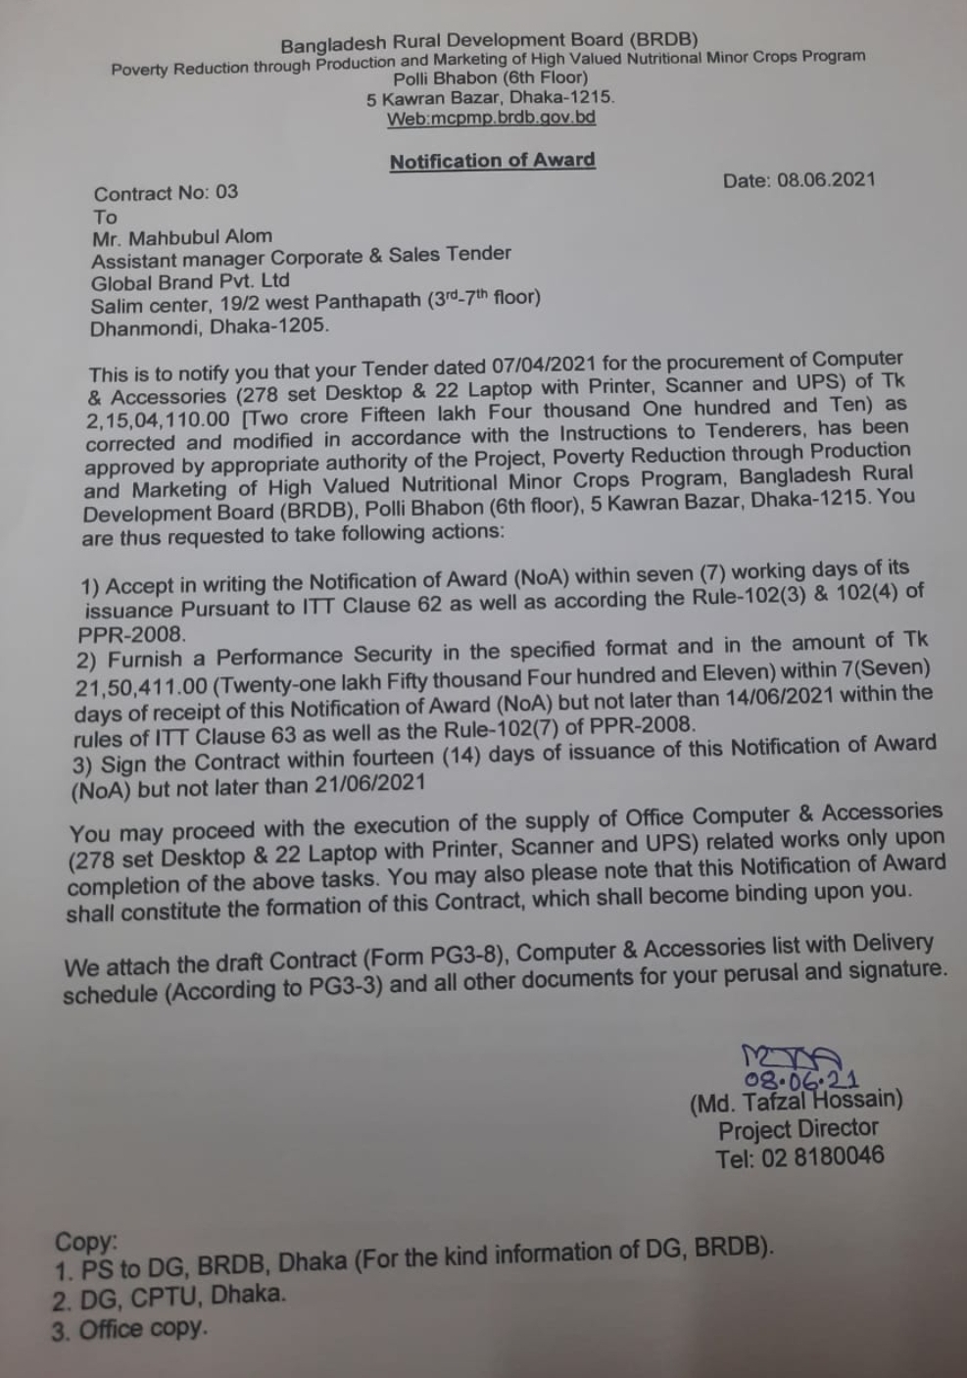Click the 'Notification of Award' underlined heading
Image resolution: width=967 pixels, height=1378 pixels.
(492, 161)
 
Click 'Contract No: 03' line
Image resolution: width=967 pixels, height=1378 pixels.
(166, 192)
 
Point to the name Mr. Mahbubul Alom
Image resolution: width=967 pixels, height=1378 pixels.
(182, 237)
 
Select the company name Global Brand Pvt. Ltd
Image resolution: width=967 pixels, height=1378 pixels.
(190, 281)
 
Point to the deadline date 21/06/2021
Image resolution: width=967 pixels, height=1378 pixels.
(369, 784)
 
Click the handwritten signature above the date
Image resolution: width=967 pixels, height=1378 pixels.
(792, 1057)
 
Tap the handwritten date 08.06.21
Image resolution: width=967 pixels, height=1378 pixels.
(800, 1080)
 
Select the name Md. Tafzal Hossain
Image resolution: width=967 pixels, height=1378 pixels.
(797, 1102)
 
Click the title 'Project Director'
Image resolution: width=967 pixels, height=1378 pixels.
(798, 1129)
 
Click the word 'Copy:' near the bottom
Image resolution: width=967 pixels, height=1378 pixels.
(86, 1242)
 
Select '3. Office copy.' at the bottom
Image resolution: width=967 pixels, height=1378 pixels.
(129, 1330)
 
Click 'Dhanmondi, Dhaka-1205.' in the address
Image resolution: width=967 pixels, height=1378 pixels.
(210, 326)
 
